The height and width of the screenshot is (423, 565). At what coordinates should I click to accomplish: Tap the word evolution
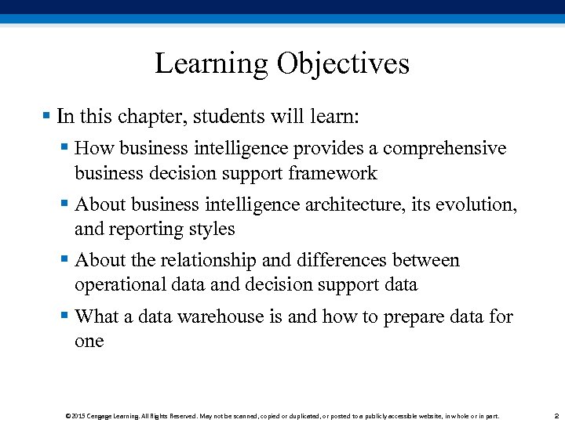click(x=478, y=204)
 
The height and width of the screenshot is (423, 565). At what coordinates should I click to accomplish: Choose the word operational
click(x=118, y=284)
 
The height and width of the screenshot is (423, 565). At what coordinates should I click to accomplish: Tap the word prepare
click(x=414, y=316)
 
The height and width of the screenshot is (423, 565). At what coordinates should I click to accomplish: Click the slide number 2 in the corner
click(x=555, y=416)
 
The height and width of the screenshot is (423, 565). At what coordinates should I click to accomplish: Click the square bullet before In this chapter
click(x=46, y=116)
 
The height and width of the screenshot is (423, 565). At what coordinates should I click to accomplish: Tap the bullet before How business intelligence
click(x=64, y=148)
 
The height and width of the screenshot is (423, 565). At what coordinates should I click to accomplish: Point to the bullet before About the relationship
click(x=64, y=259)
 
